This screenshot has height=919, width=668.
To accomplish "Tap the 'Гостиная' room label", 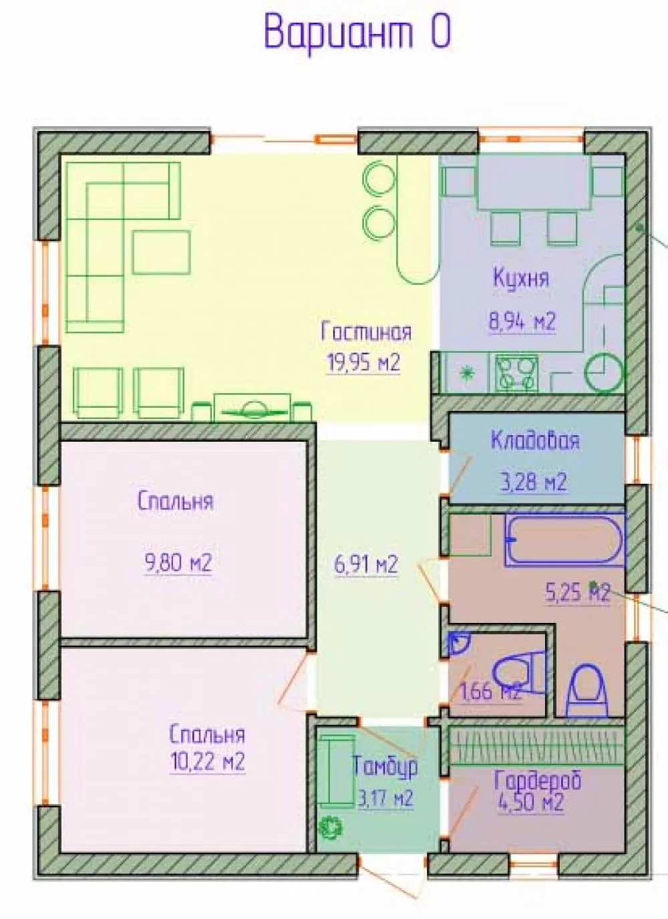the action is point(366,332).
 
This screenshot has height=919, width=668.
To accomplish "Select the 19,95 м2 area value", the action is point(363,363).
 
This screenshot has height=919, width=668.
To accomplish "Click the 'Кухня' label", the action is point(521,279).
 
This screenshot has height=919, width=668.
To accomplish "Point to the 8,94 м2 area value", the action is point(522,321).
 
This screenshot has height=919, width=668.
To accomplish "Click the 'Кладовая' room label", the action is point(535,441).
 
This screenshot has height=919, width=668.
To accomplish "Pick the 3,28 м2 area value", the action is point(534,482).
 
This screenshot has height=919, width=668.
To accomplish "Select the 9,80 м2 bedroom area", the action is point(178,563).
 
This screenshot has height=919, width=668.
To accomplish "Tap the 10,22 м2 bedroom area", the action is point(207,763).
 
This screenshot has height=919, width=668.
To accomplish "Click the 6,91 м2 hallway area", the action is point(366,565).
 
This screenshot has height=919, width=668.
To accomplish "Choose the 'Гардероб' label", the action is point(538,781).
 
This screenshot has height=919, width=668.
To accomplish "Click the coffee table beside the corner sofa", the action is point(161,252).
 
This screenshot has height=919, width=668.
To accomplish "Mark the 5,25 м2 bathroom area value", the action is point(577,592).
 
